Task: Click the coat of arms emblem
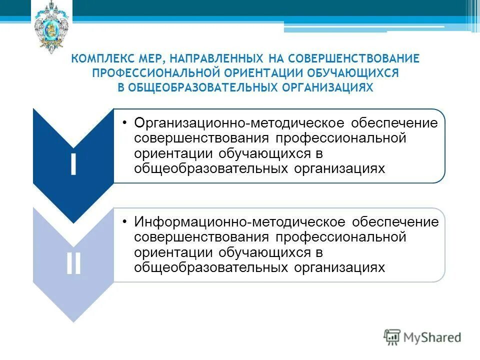tap(52, 27)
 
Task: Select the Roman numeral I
tap(73, 164)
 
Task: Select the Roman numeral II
tap(73, 264)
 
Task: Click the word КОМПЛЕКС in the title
tap(96, 59)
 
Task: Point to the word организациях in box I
tap(339, 168)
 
